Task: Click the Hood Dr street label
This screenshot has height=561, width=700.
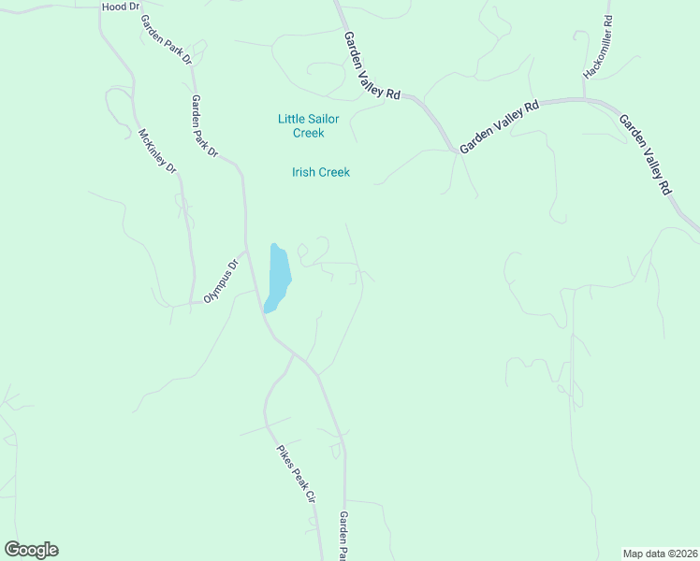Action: (120, 6)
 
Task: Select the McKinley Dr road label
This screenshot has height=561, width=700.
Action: (157, 151)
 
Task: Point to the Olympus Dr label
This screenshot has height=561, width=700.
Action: (223, 281)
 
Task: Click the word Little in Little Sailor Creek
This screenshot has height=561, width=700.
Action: (294, 119)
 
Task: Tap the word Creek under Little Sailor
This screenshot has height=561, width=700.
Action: (302, 133)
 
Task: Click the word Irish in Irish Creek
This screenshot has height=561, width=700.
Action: (304, 172)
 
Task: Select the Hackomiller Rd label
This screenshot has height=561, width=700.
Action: (596, 47)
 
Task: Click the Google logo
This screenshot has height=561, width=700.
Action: (31, 550)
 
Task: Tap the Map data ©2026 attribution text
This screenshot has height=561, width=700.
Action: (660, 553)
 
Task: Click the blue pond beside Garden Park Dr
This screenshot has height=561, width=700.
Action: (278, 278)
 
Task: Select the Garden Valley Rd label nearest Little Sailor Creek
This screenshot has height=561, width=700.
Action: (372, 65)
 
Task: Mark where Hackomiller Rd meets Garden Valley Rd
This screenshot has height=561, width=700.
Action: (585, 98)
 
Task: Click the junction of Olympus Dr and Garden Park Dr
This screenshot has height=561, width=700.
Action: (246, 251)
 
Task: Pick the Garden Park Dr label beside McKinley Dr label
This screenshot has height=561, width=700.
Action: (204, 125)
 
